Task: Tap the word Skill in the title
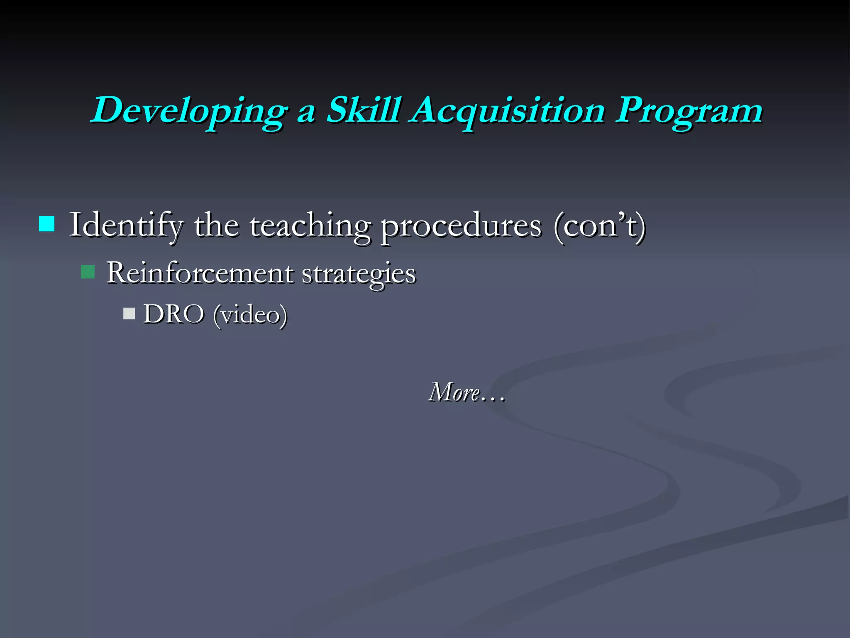(x=364, y=110)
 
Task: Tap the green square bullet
(x=88, y=272)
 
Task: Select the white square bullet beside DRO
(x=129, y=313)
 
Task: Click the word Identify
(x=125, y=225)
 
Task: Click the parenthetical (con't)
(x=599, y=225)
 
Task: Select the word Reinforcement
(x=200, y=273)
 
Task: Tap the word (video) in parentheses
(x=250, y=315)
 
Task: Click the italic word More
(x=454, y=392)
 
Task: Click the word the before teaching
(x=216, y=225)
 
